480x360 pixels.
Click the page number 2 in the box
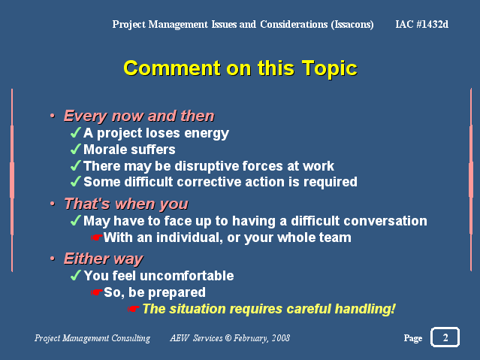445,337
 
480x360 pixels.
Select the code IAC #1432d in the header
422,24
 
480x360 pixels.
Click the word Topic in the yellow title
329,68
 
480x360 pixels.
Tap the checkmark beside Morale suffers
76,150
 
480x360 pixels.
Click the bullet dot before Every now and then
53,116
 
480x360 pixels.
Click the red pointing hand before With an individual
96,237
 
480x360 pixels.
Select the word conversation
389,221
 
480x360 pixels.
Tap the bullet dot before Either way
53,259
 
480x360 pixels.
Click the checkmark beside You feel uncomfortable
76,275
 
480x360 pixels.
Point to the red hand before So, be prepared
96,292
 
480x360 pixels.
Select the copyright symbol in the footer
228,338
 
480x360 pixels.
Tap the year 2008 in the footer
281,338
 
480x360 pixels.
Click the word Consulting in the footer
131,338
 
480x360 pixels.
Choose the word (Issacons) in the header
352,25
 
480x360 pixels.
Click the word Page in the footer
413,338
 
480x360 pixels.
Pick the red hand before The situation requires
133,309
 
